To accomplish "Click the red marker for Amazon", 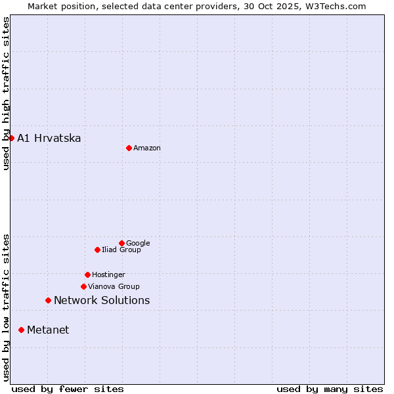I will [129, 148].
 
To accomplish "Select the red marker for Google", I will [121, 243].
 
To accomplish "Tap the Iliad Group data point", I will [97, 250].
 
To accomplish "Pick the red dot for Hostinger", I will [87, 274].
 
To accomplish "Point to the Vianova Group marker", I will [83, 286].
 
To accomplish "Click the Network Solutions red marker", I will [48, 300].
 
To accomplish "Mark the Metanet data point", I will [21, 330].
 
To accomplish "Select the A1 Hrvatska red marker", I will [11, 138].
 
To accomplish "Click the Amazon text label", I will [147, 148].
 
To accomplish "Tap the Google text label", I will [138, 244].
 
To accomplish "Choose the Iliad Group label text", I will [121, 250].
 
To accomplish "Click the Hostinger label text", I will [108, 275].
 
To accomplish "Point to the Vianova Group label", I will [114, 287].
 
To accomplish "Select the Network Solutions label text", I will [102, 301].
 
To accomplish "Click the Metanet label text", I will [48, 330].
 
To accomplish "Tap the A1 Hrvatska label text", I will [49, 139].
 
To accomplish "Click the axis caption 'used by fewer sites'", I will [68, 389].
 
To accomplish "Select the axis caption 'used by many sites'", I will [330, 389].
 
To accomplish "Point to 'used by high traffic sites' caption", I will [7, 93].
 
